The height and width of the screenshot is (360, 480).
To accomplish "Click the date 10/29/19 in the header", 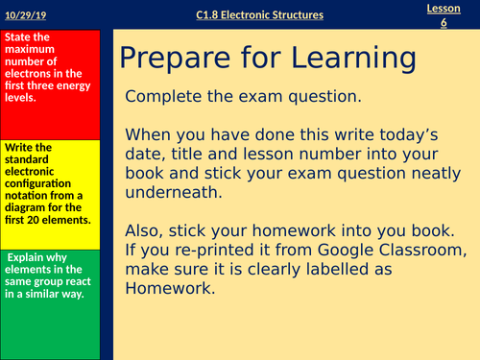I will pos(25,14).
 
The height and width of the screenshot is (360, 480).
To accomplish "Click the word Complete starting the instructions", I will pos(165,98).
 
